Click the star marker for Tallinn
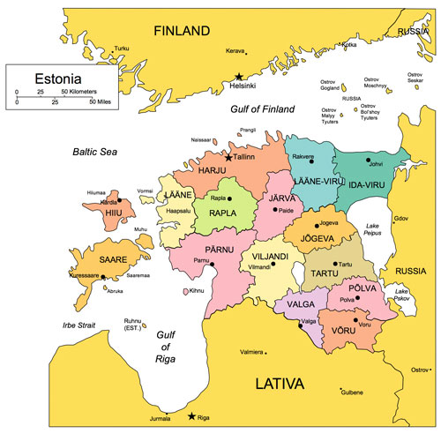click(x=228, y=158)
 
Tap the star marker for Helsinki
click(x=238, y=78)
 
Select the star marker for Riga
click(x=193, y=415)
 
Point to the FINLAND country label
click(x=183, y=31)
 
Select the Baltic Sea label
click(x=95, y=152)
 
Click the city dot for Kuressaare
click(x=103, y=277)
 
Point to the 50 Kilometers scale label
click(x=78, y=91)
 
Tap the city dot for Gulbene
click(x=341, y=389)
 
